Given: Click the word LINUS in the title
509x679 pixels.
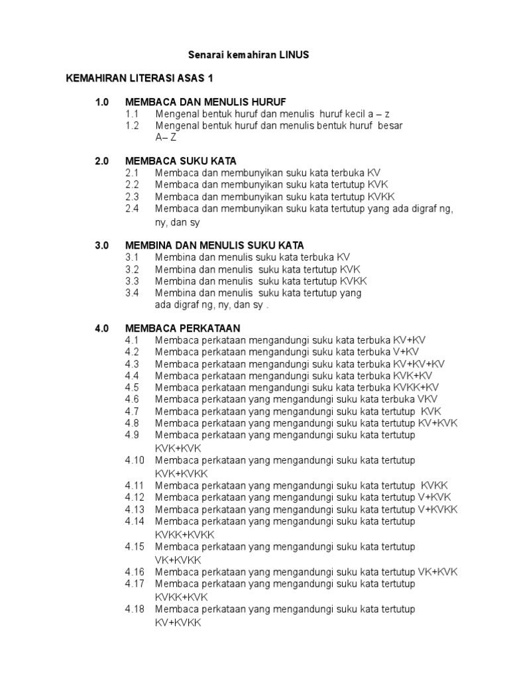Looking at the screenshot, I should [294, 55].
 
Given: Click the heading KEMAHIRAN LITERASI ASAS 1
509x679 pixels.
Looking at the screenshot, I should [139, 78].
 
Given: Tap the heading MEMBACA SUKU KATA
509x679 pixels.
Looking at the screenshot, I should [180, 161].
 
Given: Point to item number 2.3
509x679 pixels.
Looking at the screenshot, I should [132, 196].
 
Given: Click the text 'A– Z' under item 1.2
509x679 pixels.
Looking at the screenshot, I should [166, 137].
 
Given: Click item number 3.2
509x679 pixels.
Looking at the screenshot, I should [132, 269].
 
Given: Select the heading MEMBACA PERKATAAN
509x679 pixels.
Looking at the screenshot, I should [182, 328].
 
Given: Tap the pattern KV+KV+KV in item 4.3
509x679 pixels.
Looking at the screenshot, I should [419, 364].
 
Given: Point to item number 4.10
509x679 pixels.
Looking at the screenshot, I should [135, 460].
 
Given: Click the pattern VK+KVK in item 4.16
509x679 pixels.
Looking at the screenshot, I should [437, 572].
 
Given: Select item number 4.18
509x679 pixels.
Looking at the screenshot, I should [135, 609].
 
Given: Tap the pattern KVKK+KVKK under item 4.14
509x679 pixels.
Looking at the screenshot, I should [185, 534].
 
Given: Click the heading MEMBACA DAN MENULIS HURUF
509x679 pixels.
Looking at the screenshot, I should [205, 102].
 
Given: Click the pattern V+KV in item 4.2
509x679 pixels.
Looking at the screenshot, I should [406, 352].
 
